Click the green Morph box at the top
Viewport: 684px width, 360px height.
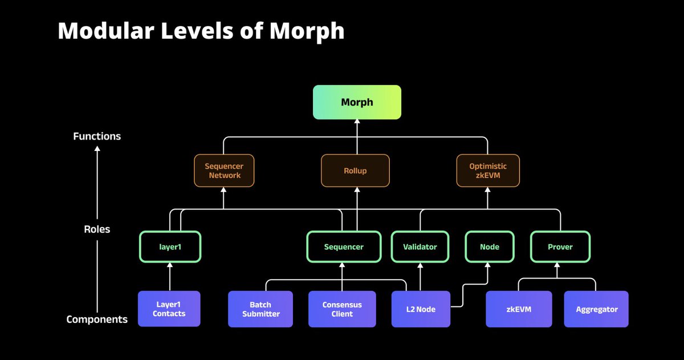[357, 103]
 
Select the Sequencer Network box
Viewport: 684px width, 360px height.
[224, 171]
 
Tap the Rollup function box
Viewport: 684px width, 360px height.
[355, 171]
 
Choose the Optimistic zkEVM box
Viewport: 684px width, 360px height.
[487, 171]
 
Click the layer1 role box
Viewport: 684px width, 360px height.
[170, 247]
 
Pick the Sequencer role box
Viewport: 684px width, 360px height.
[343, 247]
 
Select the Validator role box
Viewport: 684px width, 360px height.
[420, 247]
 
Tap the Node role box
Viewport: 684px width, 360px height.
[489, 247]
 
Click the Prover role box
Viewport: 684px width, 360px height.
[560, 247]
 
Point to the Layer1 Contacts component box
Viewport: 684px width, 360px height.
[169, 309]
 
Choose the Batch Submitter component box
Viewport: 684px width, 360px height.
[260, 309]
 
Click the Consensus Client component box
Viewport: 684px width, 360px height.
[342, 309]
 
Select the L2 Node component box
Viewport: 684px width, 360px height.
[421, 309]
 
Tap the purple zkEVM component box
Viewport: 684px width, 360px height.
[519, 309]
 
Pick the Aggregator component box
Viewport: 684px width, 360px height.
[596, 309]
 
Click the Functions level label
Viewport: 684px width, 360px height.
[97, 137]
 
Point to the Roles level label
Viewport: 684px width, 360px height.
[96, 230]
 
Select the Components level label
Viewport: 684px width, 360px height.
[97, 320]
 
